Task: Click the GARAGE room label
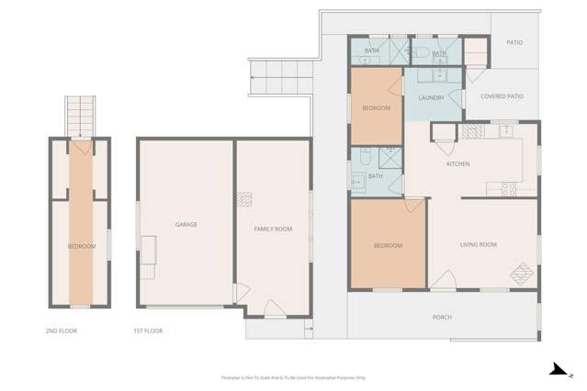[186, 224]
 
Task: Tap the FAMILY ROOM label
[273, 229]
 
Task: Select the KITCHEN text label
[457, 164]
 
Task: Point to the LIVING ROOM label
[478, 244]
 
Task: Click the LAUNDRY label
[431, 97]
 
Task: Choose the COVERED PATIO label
[502, 95]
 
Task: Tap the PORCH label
[442, 318]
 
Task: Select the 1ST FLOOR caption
[148, 330]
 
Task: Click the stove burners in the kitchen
[507, 188]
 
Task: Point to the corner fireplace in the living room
[522, 274]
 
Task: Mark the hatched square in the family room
[244, 198]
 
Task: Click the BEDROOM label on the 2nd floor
[81, 246]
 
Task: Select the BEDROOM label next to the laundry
[376, 108]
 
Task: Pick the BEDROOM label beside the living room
[388, 246]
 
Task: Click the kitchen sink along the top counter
[504, 132]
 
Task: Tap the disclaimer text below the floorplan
[293, 377]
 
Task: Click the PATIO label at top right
[515, 42]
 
